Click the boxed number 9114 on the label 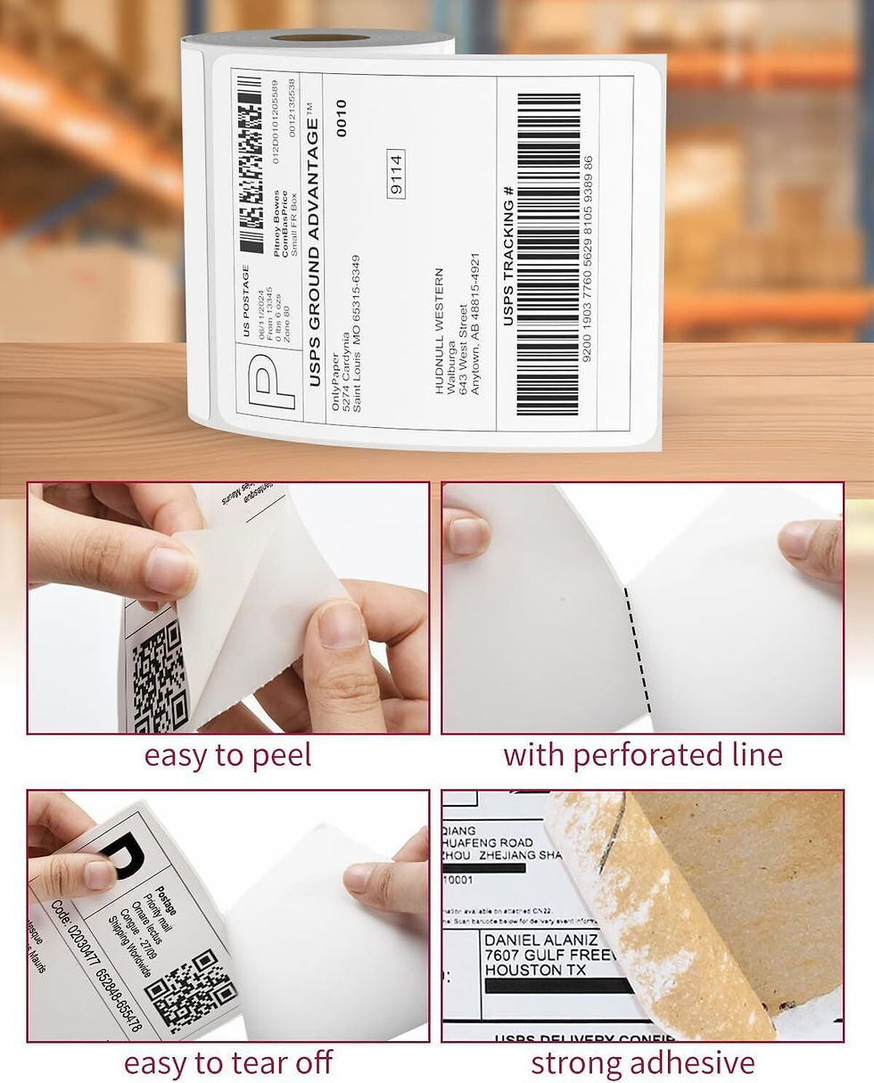[x=397, y=174]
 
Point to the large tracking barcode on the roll [x=548, y=255]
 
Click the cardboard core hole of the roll [x=319, y=38]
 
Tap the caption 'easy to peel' [x=227, y=755]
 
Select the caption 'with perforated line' [x=642, y=755]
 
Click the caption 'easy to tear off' [x=227, y=1062]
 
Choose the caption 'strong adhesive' [x=642, y=1062]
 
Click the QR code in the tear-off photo [x=190, y=990]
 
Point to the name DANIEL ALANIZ [x=540, y=939]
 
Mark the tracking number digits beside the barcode [x=587, y=258]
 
